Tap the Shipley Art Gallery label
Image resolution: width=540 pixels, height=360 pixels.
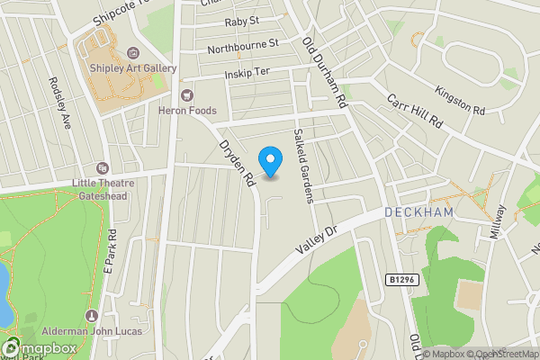pyautogui.click(x=131, y=69)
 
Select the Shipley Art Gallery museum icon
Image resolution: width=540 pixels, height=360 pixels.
pyautogui.click(x=133, y=53)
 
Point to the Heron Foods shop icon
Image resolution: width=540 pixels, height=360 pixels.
pyautogui.click(x=186, y=94)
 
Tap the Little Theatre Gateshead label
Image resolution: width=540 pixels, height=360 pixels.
pyautogui.click(x=103, y=188)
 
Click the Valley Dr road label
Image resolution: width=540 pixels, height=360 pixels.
pyautogui.click(x=317, y=238)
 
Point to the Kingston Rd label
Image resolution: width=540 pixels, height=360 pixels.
pyautogui.click(x=459, y=99)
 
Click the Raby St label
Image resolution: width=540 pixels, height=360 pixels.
pyautogui.click(x=241, y=20)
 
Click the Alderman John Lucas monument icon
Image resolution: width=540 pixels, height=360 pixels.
pyautogui.click(x=90, y=316)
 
